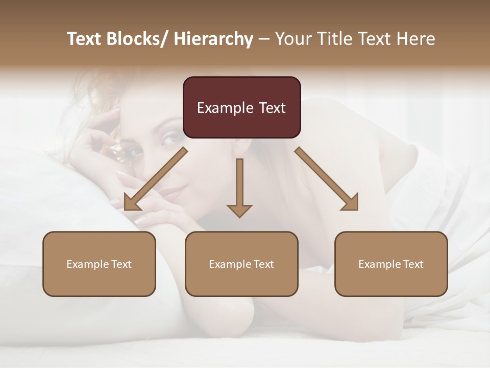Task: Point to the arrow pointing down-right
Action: [x=327, y=179]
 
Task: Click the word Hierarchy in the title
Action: [x=213, y=39]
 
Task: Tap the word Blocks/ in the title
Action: [x=138, y=39]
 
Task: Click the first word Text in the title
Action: [x=85, y=39]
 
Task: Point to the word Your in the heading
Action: [x=292, y=39]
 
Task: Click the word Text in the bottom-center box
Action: [x=263, y=264]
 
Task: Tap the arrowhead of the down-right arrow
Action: [x=351, y=203]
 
